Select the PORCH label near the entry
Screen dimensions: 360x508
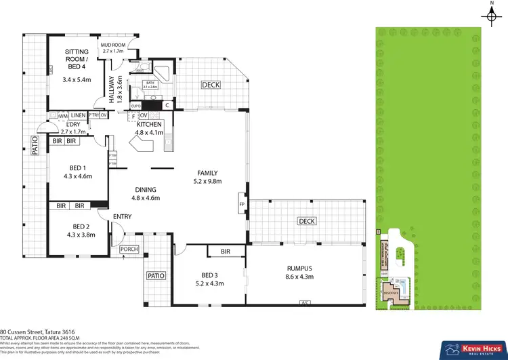[129, 249]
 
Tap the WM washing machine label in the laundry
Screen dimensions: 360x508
[63, 116]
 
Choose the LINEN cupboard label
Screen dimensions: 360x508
[78, 116]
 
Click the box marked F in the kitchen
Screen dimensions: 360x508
[133, 116]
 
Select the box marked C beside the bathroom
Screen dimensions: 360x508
[166, 105]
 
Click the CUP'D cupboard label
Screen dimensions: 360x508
[135, 105]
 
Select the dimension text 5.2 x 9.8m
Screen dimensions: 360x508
[208, 182]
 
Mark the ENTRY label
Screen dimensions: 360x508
[122, 216]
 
